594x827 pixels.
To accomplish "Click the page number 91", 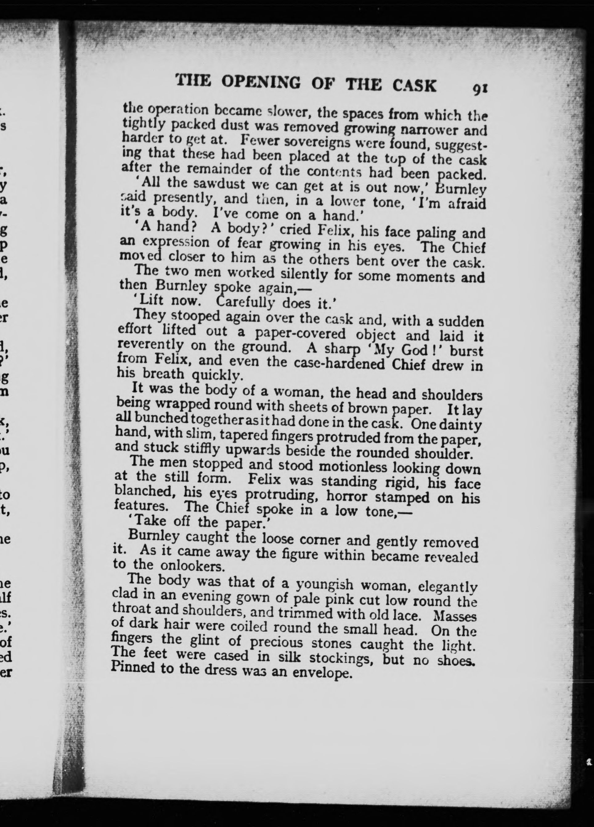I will (x=480, y=89).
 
